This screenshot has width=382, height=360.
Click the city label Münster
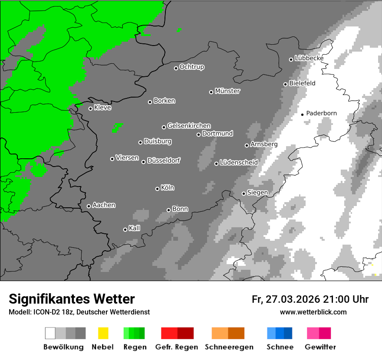click(x=227, y=91)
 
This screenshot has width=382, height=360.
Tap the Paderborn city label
click(x=321, y=113)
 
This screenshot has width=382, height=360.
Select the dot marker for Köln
click(x=157, y=189)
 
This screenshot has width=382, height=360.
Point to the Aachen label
click(x=104, y=205)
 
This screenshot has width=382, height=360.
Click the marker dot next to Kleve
click(x=90, y=108)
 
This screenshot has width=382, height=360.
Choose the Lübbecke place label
click(x=309, y=58)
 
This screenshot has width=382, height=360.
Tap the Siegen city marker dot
click(x=244, y=193)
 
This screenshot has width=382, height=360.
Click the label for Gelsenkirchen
click(x=189, y=126)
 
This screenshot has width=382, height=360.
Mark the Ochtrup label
click(x=192, y=67)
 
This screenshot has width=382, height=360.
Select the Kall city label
click(x=135, y=228)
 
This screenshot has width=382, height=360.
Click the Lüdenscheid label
click(x=239, y=162)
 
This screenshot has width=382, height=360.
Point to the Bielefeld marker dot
click(x=285, y=84)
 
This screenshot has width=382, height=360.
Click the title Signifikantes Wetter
click(x=72, y=299)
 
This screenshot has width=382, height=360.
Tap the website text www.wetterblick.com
click(x=313, y=312)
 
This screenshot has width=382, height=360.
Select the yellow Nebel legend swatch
click(x=103, y=333)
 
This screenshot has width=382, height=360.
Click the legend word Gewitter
click(x=320, y=347)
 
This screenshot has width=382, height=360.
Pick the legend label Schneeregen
click(x=229, y=347)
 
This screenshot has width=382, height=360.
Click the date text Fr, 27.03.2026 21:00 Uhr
click(x=310, y=299)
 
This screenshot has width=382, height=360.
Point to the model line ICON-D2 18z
click(x=79, y=312)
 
